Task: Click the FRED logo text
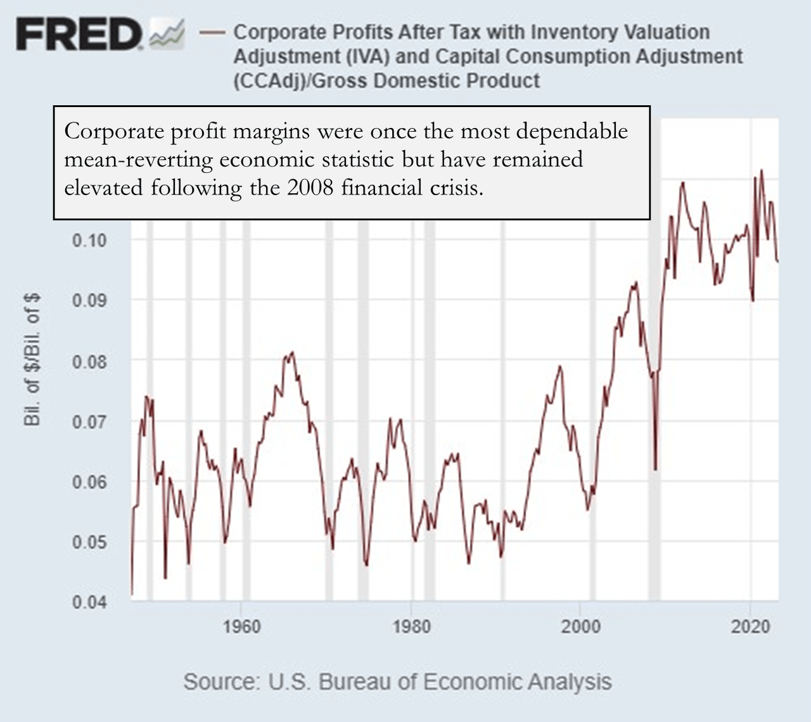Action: [x=79, y=34]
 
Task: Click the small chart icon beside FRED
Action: [x=167, y=34]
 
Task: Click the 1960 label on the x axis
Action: [x=241, y=626]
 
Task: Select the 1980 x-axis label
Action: [x=411, y=626]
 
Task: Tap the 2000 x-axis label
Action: [x=580, y=626]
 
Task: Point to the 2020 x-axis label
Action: [x=750, y=626]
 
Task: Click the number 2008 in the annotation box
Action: [x=310, y=188]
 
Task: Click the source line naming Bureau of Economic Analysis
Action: [x=397, y=682]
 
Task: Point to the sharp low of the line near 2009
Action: [x=656, y=468]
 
